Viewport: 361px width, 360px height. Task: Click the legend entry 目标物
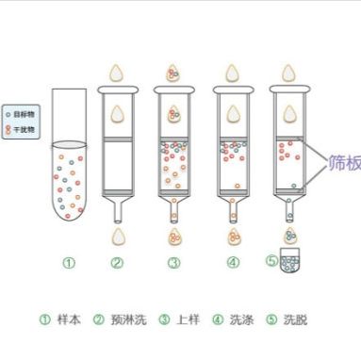(x=22, y=111)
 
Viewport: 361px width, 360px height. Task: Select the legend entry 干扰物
(x=22, y=123)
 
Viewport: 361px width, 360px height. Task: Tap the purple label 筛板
(x=344, y=163)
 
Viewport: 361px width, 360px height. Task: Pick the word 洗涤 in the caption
(x=241, y=319)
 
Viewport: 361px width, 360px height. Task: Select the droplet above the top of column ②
(x=117, y=72)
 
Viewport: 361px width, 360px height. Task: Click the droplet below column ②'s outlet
(x=117, y=237)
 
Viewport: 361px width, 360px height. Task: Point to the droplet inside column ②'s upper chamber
(x=117, y=115)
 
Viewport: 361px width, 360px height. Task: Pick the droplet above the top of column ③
(x=173, y=72)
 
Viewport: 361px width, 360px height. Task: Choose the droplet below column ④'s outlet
(x=231, y=237)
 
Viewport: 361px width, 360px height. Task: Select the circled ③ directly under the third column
(x=173, y=263)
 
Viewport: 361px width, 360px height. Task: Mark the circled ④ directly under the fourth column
(x=232, y=263)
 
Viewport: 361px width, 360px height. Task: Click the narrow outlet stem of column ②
(x=117, y=209)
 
